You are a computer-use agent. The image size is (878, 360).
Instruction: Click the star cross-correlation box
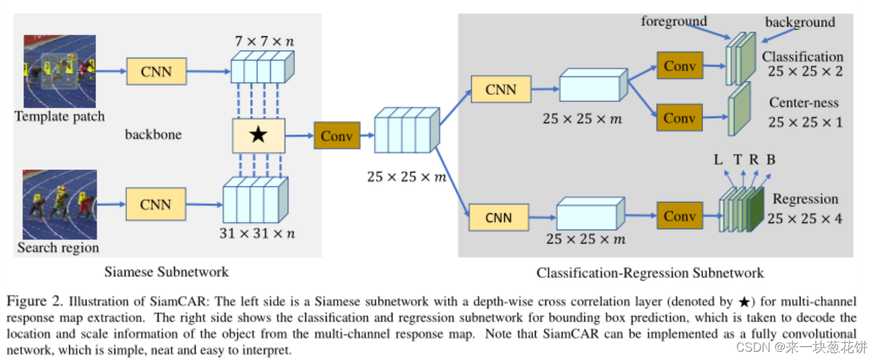[x=258, y=135]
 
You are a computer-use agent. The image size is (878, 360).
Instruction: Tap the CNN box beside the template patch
[x=156, y=71]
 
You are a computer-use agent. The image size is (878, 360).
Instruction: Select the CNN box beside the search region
[x=156, y=204]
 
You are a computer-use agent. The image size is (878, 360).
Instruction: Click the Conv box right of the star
[x=337, y=136]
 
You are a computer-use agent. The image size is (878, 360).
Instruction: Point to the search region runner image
[x=60, y=204]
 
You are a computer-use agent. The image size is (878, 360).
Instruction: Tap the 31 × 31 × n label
[x=257, y=233]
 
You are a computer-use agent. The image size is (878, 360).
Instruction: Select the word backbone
[x=153, y=134]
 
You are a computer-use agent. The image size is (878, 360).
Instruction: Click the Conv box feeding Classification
[x=679, y=66]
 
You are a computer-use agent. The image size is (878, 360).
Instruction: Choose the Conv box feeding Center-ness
[x=679, y=117]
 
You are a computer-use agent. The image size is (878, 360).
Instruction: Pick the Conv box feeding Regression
[x=679, y=216]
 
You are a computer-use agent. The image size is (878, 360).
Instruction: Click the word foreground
[x=674, y=21]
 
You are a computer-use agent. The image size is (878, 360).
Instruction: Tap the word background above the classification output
[x=800, y=23]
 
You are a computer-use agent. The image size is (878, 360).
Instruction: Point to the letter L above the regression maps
[x=718, y=160]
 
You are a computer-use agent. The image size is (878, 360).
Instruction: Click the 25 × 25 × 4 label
[x=805, y=219]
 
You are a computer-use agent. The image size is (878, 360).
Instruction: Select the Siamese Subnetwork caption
[x=167, y=272]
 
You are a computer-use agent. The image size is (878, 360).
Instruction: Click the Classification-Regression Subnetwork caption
[x=650, y=273]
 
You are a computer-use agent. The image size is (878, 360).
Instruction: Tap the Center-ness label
[x=804, y=104]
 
